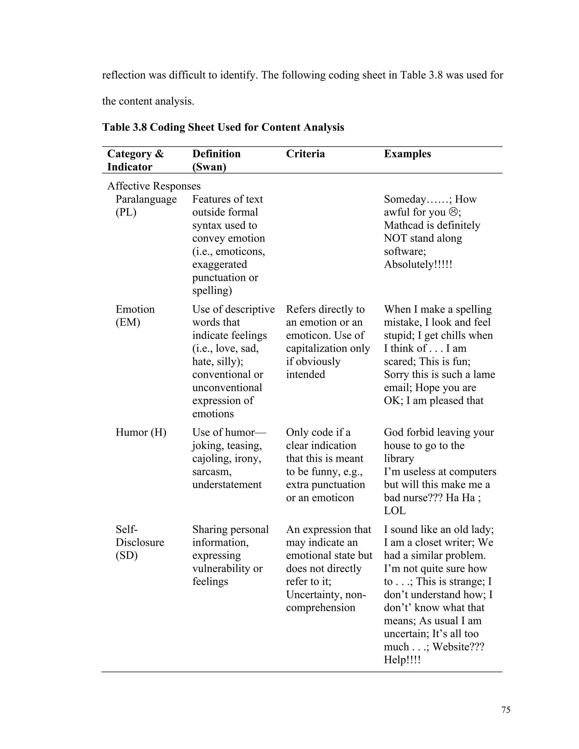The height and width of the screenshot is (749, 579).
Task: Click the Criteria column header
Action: [305, 154]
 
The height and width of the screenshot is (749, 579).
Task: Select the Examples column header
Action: [407, 154]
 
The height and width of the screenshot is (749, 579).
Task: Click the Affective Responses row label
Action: [154, 186]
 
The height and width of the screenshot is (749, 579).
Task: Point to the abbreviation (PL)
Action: [126, 212]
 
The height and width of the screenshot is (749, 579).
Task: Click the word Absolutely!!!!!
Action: [418, 265]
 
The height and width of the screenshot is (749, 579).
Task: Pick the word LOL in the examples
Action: [394, 511]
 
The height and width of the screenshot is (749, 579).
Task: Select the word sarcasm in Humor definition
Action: [212, 471]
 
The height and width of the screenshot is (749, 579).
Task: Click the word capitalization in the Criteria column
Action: [317, 348]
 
